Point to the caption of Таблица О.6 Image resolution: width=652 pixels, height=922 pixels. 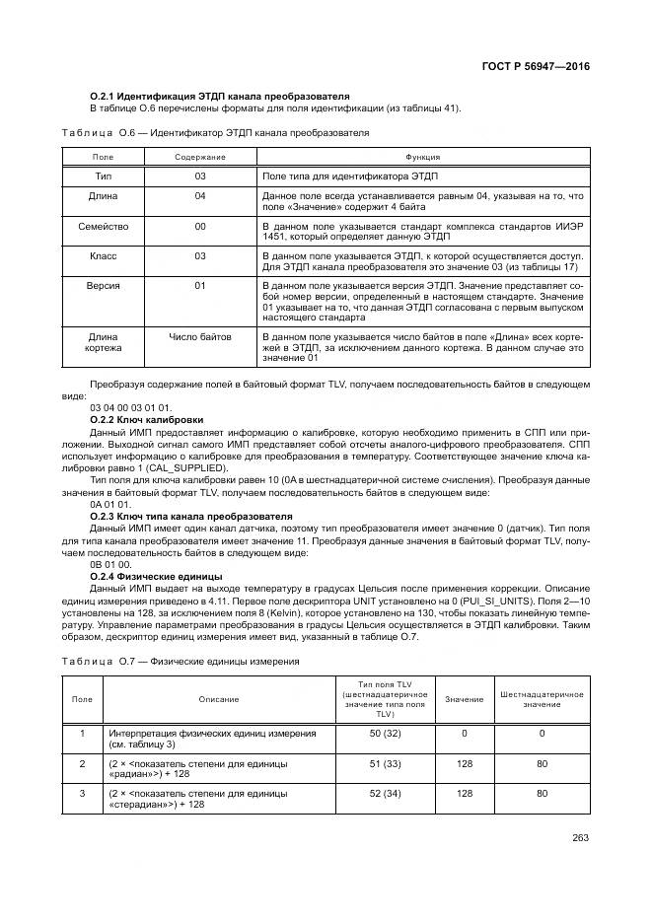216,133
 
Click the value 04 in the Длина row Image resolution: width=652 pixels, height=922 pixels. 200,196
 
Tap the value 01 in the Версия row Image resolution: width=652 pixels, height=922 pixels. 200,285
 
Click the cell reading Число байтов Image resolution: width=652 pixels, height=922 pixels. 200,336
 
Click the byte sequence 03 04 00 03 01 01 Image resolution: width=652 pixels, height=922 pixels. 130,406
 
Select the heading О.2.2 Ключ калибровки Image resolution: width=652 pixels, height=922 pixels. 146,418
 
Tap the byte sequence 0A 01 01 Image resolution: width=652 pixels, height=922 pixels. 109,504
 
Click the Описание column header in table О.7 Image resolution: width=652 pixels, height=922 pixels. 217,699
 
